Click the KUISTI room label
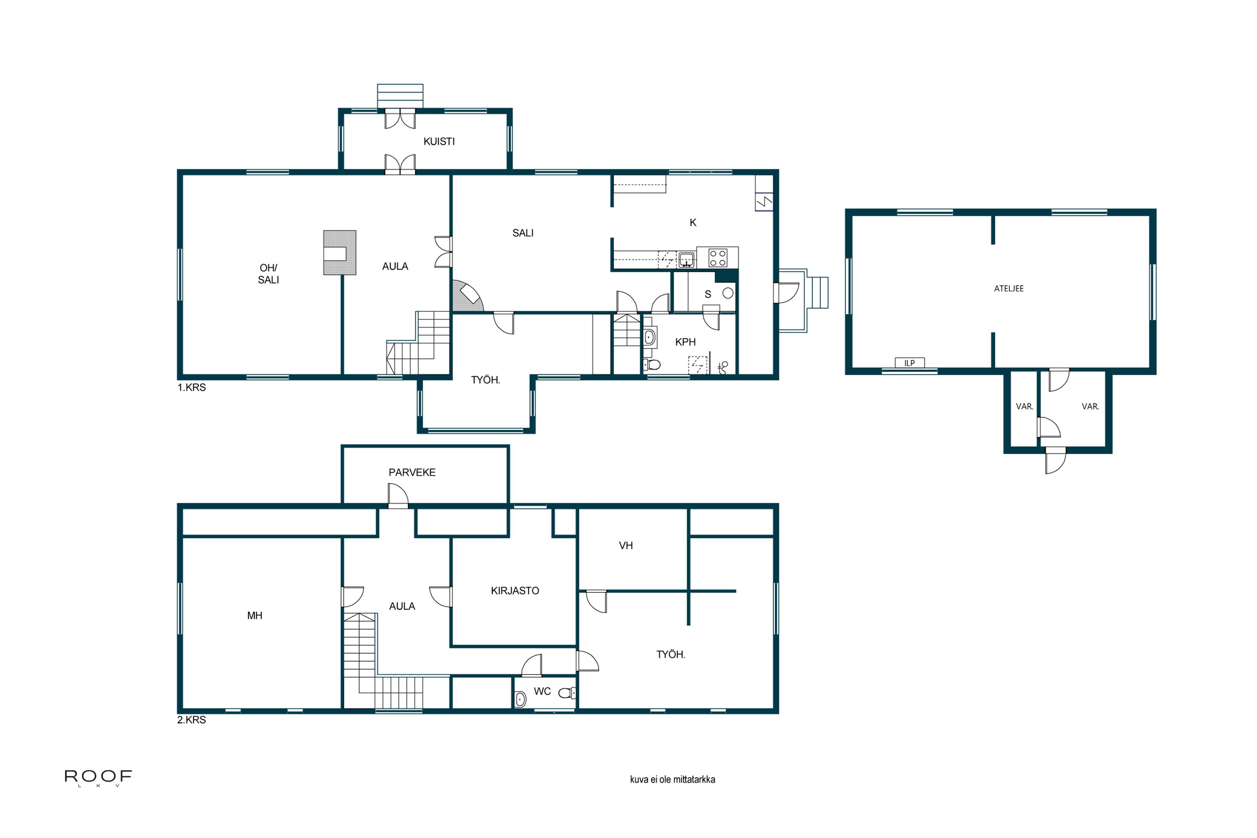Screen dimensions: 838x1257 tap(439, 142)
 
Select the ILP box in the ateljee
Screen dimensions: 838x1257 tap(909, 363)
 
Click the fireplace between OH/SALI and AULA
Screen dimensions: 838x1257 tap(339, 253)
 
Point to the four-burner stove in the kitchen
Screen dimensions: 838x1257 tap(717, 258)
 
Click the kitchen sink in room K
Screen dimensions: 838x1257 tap(686, 260)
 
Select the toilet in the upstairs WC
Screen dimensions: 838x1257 tap(565, 693)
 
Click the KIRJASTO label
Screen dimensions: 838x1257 tap(515, 590)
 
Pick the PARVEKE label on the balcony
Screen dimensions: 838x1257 tap(411, 473)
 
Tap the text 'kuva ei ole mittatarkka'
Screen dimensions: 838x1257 tap(672, 779)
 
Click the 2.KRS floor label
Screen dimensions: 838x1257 tap(191, 720)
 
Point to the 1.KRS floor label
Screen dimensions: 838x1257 tap(191, 388)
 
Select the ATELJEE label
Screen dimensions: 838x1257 tap(1009, 289)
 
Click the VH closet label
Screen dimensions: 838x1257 tap(625, 546)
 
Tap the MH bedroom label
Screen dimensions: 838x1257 tap(254, 616)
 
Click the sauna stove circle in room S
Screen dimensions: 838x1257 tap(727, 293)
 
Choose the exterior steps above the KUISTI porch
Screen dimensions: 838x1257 tap(400, 96)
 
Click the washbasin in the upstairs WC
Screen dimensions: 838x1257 tap(520, 698)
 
